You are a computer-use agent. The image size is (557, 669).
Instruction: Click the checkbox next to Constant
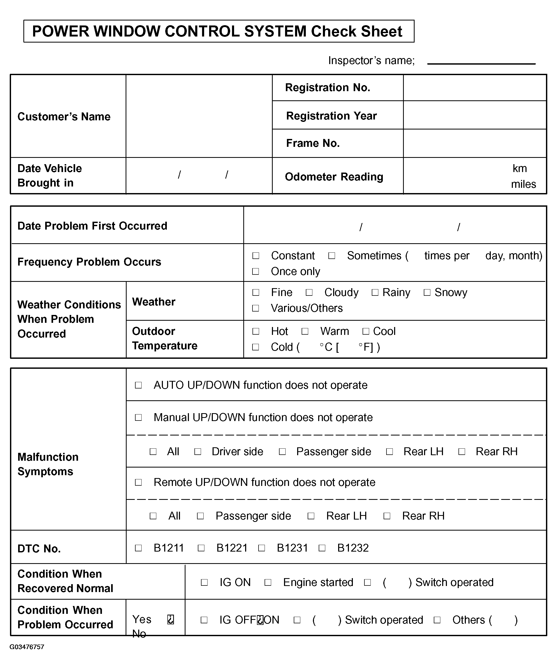256,256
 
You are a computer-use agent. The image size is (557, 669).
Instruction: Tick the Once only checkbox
256,271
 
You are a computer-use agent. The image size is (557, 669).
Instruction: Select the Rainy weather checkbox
375,292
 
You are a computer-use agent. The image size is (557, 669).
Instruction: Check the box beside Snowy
427,292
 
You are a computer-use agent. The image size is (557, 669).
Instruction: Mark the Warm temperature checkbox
305,331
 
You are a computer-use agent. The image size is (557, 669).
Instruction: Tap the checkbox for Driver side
198,452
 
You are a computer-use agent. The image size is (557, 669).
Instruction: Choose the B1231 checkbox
262,548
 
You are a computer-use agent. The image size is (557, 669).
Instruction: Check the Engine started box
268,582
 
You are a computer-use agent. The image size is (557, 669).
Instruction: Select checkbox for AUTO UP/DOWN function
138,385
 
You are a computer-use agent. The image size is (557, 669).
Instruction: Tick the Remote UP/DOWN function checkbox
138,482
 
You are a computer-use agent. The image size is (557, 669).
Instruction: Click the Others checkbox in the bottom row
437,620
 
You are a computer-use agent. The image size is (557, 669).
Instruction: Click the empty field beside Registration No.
475,88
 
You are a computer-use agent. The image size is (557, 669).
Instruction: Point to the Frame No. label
313,143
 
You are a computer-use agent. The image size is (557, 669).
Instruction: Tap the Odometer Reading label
334,177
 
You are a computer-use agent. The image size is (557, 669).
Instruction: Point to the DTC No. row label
39,549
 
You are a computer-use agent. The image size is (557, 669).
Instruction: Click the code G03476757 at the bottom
27,647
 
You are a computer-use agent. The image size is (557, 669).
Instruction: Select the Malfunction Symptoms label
48,464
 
